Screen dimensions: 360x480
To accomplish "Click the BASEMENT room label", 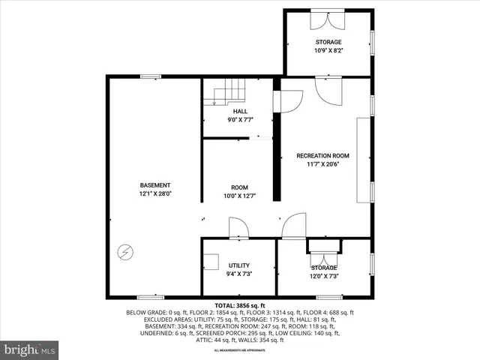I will click(x=155, y=185).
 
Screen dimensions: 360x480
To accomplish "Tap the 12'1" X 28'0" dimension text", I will click(x=155, y=193).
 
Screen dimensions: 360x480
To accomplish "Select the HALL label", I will click(x=239, y=112).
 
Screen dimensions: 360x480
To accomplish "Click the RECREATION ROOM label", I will click(x=322, y=156).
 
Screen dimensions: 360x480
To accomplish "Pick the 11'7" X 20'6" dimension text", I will click(x=322, y=164).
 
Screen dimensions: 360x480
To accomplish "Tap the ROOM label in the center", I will click(x=239, y=187).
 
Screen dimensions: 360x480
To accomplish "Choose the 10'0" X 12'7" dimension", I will click(x=239, y=196).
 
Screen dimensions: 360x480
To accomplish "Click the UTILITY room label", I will click(x=239, y=265).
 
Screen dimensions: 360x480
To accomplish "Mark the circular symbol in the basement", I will click(x=126, y=251).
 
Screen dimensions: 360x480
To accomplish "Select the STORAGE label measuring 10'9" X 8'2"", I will click(x=328, y=42).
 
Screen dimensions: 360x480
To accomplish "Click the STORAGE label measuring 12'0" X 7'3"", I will click(x=324, y=268).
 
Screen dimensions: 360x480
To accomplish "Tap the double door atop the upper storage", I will click(x=327, y=19).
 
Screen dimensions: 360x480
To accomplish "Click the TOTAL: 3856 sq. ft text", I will click(x=239, y=305).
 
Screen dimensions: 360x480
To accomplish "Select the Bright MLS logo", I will click(x=30, y=349).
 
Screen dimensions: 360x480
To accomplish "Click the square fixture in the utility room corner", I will click(x=210, y=262).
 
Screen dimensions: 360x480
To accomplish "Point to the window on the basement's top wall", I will click(x=150, y=76).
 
